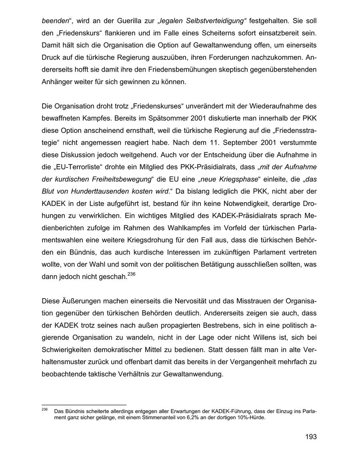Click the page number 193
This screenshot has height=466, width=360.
(x=310, y=436)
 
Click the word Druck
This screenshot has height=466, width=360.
(x=51, y=58)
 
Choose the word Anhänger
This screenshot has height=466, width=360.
(x=56, y=82)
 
